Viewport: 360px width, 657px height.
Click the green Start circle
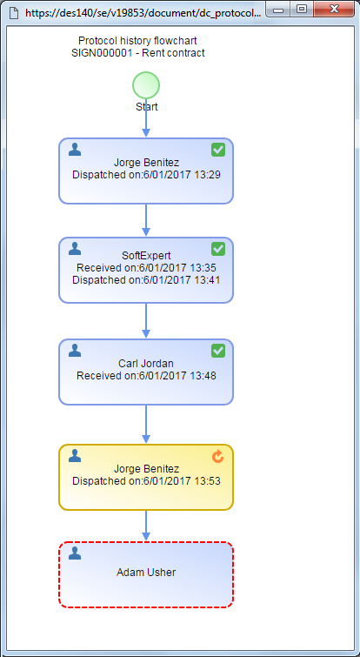(146, 85)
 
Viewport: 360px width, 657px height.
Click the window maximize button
(302, 9)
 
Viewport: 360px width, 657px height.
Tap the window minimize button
(279, 9)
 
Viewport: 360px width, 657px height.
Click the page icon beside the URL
(14, 12)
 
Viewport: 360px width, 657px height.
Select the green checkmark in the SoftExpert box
(218, 249)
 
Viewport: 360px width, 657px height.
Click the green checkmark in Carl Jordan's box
(218, 351)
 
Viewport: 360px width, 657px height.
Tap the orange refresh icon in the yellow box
(217, 457)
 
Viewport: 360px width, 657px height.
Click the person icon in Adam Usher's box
(75, 553)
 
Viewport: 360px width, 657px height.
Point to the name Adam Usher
(146, 573)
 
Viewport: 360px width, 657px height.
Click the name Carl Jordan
(146, 364)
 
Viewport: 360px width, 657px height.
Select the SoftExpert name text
(146, 256)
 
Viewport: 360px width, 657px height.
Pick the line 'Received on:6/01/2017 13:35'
(146, 268)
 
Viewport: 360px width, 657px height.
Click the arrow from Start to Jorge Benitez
(146, 118)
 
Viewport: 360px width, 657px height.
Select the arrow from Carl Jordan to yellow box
(146, 424)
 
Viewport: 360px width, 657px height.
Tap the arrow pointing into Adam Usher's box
(146, 526)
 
